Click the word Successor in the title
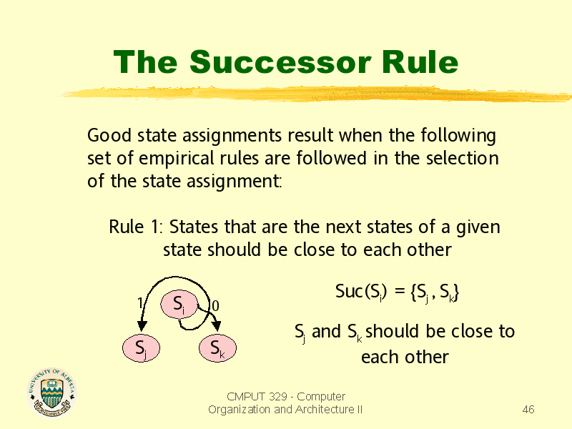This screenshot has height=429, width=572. tap(280, 62)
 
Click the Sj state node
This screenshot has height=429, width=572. tap(141, 348)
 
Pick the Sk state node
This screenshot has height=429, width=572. tap(217, 348)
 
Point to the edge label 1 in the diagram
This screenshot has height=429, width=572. tap(139, 303)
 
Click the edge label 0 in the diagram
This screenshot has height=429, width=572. tap(215, 306)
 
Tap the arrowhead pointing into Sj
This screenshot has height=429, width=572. tap(142, 326)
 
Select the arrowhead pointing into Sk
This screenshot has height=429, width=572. tap(217, 326)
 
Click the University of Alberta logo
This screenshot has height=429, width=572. tap(51, 393)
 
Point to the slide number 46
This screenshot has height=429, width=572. tap(528, 409)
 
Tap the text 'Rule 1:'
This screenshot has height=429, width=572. tap(135, 227)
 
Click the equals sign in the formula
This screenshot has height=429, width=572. tap(400, 292)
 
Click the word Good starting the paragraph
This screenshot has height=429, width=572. tap(109, 135)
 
